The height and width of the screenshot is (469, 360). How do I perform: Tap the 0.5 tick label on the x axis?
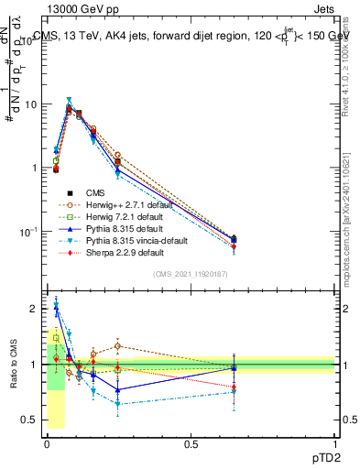point(191,443)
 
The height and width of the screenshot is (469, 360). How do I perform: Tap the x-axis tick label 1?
point(334,443)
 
